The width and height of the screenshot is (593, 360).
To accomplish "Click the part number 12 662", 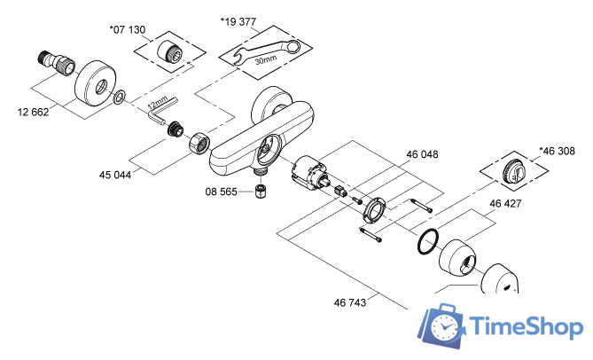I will [33, 112].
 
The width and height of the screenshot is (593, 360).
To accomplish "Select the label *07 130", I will [127, 29].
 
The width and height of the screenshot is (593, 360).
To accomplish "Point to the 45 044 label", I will [115, 175].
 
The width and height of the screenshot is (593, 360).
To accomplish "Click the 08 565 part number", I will [222, 191].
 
